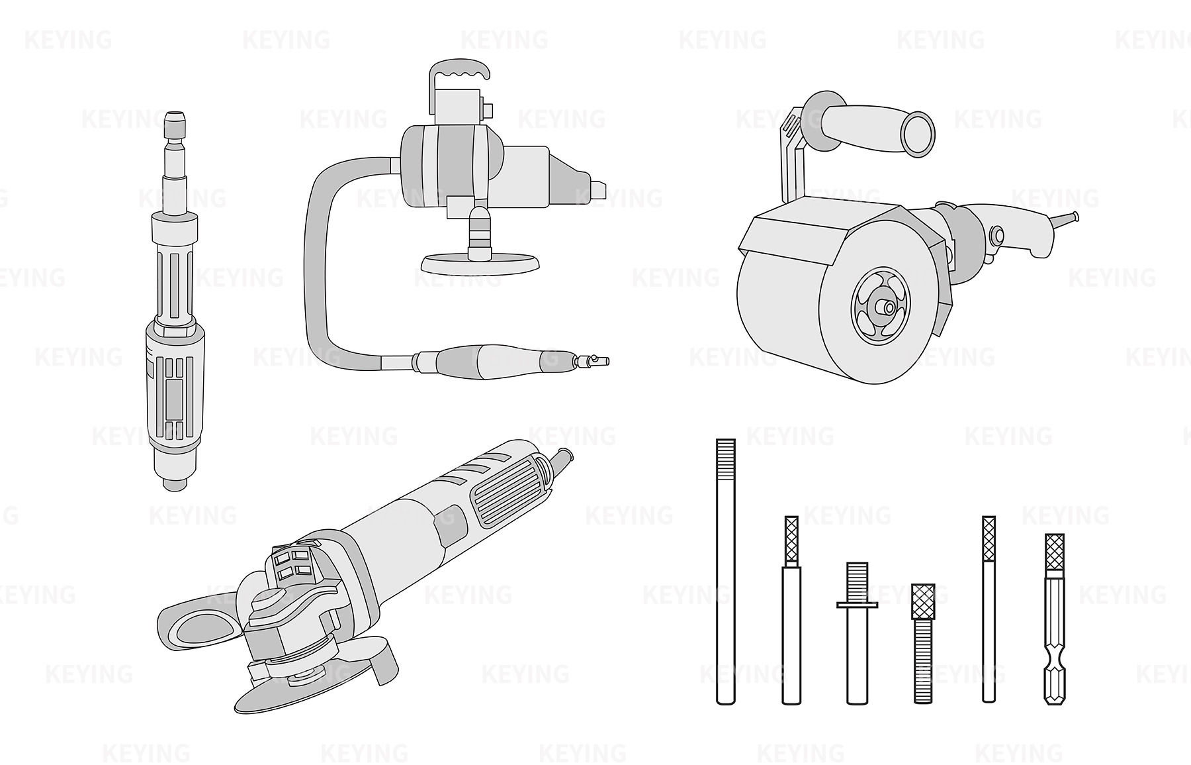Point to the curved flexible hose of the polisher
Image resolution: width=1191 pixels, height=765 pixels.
coord(324,265)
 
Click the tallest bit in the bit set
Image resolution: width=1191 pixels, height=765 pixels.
coord(726,571)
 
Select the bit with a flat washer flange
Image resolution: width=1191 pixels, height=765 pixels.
coord(857,633)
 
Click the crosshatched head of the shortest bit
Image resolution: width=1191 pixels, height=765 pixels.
coord(922,601)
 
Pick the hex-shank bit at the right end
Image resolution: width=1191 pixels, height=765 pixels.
coord(1055,619)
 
